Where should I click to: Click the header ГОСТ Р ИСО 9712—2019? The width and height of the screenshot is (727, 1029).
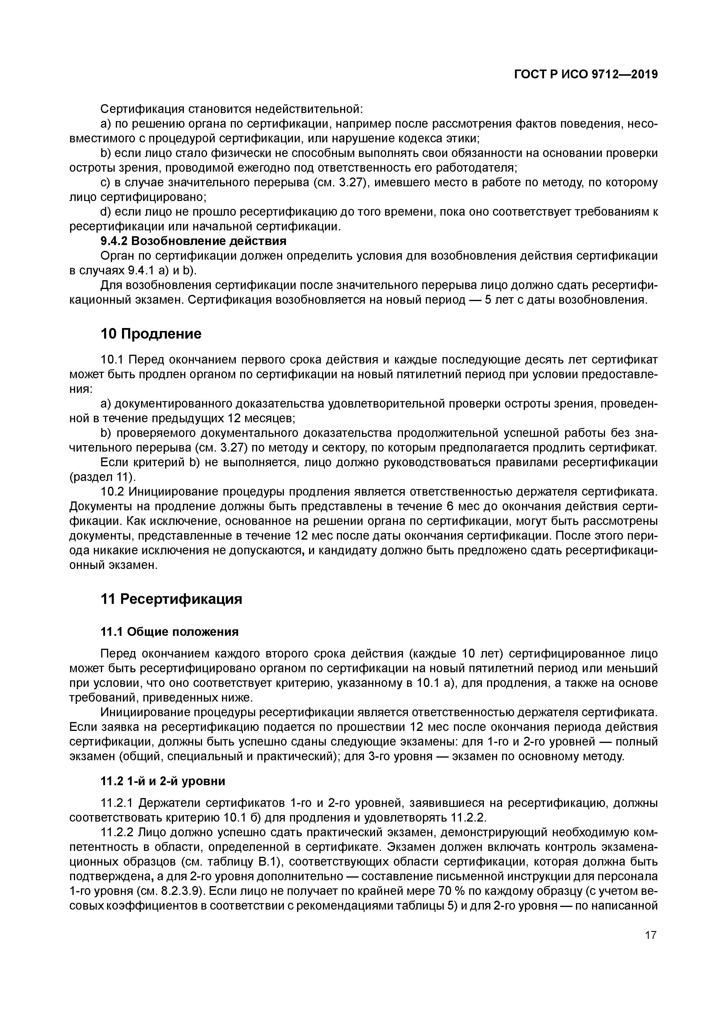tap(585, 75)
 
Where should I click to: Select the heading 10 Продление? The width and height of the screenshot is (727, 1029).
tap(151, 334)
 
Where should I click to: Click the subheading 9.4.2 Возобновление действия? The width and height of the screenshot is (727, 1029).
tap(193, 241)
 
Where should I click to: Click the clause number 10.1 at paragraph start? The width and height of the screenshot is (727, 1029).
tap(113, 360)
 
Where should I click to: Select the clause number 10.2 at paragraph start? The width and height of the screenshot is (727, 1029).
tap(113, 492)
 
